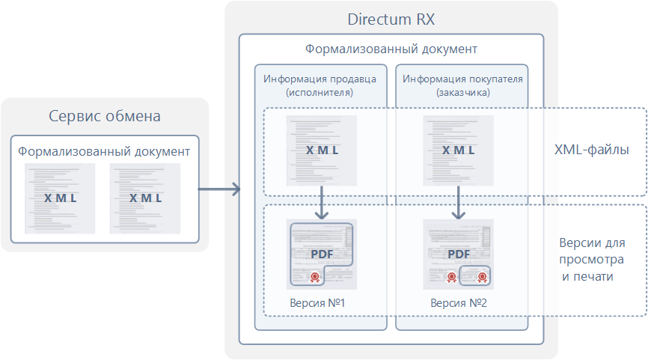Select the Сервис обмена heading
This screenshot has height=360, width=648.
click(105, 116)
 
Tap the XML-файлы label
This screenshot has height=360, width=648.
click(591, 150)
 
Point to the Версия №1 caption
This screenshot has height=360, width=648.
click(317, 304)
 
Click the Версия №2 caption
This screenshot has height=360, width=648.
click(459, 304)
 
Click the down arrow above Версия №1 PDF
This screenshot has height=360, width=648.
click(321, 202)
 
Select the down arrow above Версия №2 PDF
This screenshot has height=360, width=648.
click(457, 202)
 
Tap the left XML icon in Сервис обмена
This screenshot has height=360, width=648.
click(60, 198)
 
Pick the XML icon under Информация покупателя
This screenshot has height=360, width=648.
click(458, 150)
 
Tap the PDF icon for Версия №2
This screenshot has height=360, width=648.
click(458, 253)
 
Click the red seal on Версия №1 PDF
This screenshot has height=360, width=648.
click(315, 277)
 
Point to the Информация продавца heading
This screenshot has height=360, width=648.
click(320, 78)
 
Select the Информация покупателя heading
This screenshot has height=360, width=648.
click(462, 78)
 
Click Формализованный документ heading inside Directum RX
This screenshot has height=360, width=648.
click(391, 49)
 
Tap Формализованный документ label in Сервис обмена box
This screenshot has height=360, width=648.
click(104, 151)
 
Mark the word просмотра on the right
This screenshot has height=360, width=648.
click(591, 260)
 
